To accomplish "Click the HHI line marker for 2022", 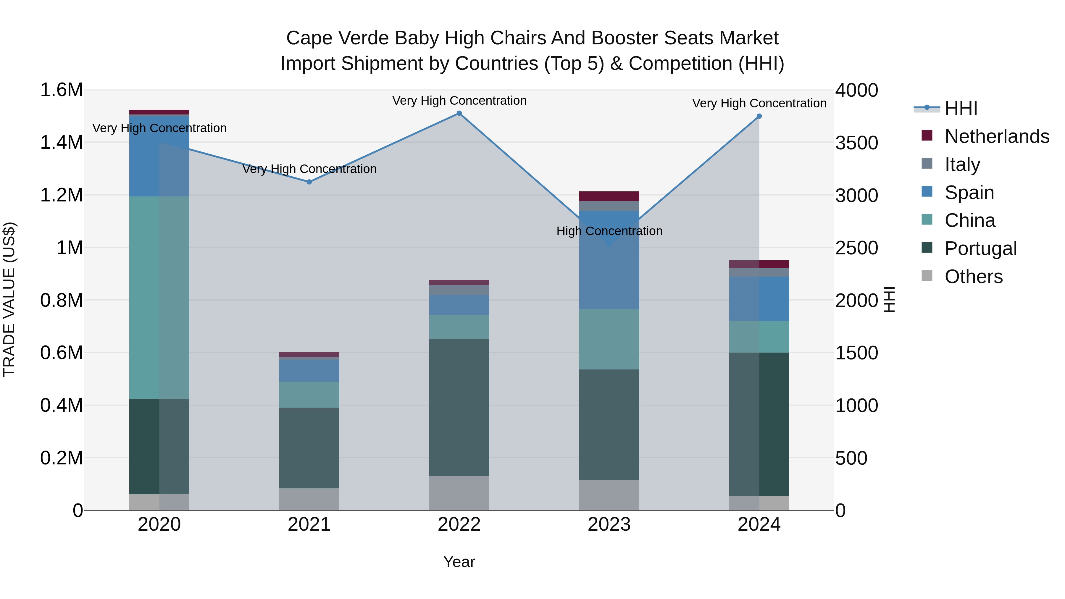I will point(459,113).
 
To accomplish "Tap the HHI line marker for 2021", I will point(309,182).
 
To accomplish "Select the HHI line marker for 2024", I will point(759,117).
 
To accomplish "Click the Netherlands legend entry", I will point(997,136).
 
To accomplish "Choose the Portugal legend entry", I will point(980,248).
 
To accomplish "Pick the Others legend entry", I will point(973,277).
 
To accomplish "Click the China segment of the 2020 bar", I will point(159,298).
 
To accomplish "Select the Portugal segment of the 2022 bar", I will point(459,407).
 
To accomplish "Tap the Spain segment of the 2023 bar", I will point(609,260).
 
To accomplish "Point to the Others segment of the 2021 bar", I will point(309,499).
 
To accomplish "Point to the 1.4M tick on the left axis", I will point(62,143).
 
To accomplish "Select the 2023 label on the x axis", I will point(609,524).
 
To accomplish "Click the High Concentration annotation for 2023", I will point(609,231).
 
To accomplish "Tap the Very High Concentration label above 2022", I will point(459,101).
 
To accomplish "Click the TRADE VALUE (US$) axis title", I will point(9,299).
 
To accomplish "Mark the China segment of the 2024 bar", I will point(759,337).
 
